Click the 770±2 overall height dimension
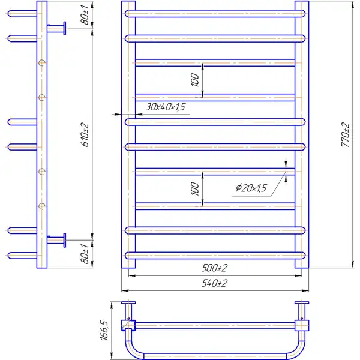[x=346, y=135]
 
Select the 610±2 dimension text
[x=85, y=135]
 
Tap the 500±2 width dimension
[x=215, y=268]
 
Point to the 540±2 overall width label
[x=215, y=283]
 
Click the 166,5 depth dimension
[x=104, y=330]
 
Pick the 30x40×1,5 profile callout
[x=166, y=107]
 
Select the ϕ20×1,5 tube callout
[x=251, y=188]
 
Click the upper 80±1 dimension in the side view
[x=85, y=14]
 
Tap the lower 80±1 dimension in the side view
[x=85, y=254]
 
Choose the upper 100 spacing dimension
[x=195, y=80]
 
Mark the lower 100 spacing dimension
[x=195, y=189]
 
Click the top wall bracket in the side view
[x=57, y=28]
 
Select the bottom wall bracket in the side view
[x=57, y=240]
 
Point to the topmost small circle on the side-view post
[x=42, y=62]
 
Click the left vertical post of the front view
[x=128, y=134]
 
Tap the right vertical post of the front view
[x=302, y=134]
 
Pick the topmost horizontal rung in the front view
[x=215, y=14]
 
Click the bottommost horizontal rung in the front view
[x=215, y=256]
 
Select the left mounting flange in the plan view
[x=128, y=303]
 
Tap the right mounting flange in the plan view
[x=302, y=303]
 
